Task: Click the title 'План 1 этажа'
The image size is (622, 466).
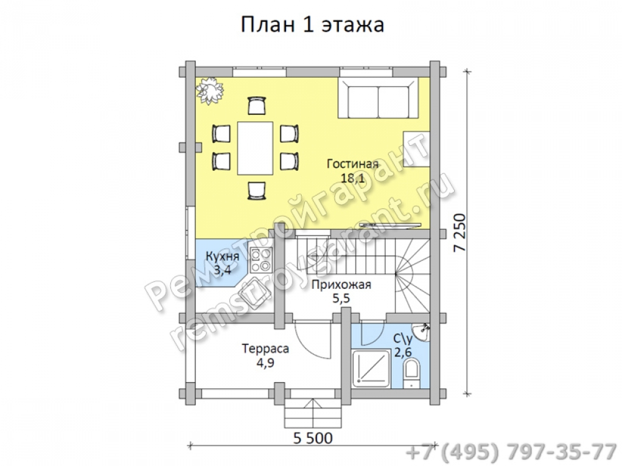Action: (312, 25)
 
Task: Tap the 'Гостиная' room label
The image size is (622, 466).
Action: (353, 163)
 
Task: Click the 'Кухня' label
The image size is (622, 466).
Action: (223, 257)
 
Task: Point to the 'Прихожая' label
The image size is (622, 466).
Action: (341, 285)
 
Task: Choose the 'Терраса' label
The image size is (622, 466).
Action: (266, 349)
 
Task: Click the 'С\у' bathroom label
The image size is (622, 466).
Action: (404, 338)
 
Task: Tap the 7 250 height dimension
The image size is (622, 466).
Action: (459, 232)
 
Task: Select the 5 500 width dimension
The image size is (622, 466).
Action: (313, 438)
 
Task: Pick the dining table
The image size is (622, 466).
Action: (255, 148)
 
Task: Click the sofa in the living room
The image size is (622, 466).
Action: (378, 98)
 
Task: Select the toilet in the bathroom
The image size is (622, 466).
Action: (411, 372)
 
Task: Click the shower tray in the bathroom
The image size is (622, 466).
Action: (371, 368)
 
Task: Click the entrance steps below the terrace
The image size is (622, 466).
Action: (313, 413)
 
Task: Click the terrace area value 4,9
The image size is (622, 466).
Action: (266, 363)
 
